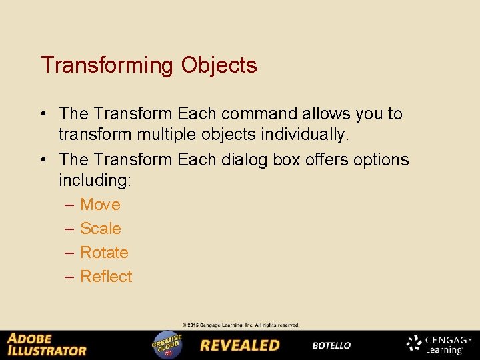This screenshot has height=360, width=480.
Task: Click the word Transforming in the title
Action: point(107,65)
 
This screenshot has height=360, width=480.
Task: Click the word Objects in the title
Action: point(218,65)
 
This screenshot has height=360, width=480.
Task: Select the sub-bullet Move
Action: point(100,205)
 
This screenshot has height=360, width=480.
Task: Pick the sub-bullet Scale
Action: point(100,229)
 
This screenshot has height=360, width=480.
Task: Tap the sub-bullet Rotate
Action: point(104,253)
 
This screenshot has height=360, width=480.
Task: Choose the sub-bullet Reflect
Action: point(106,277)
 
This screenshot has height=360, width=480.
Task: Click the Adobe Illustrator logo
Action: point(47,344)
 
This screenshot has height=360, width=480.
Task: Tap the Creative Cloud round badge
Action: point(167,344)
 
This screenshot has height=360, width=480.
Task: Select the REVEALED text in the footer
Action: point(240,345)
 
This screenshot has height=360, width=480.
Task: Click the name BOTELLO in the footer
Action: point(331,345)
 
